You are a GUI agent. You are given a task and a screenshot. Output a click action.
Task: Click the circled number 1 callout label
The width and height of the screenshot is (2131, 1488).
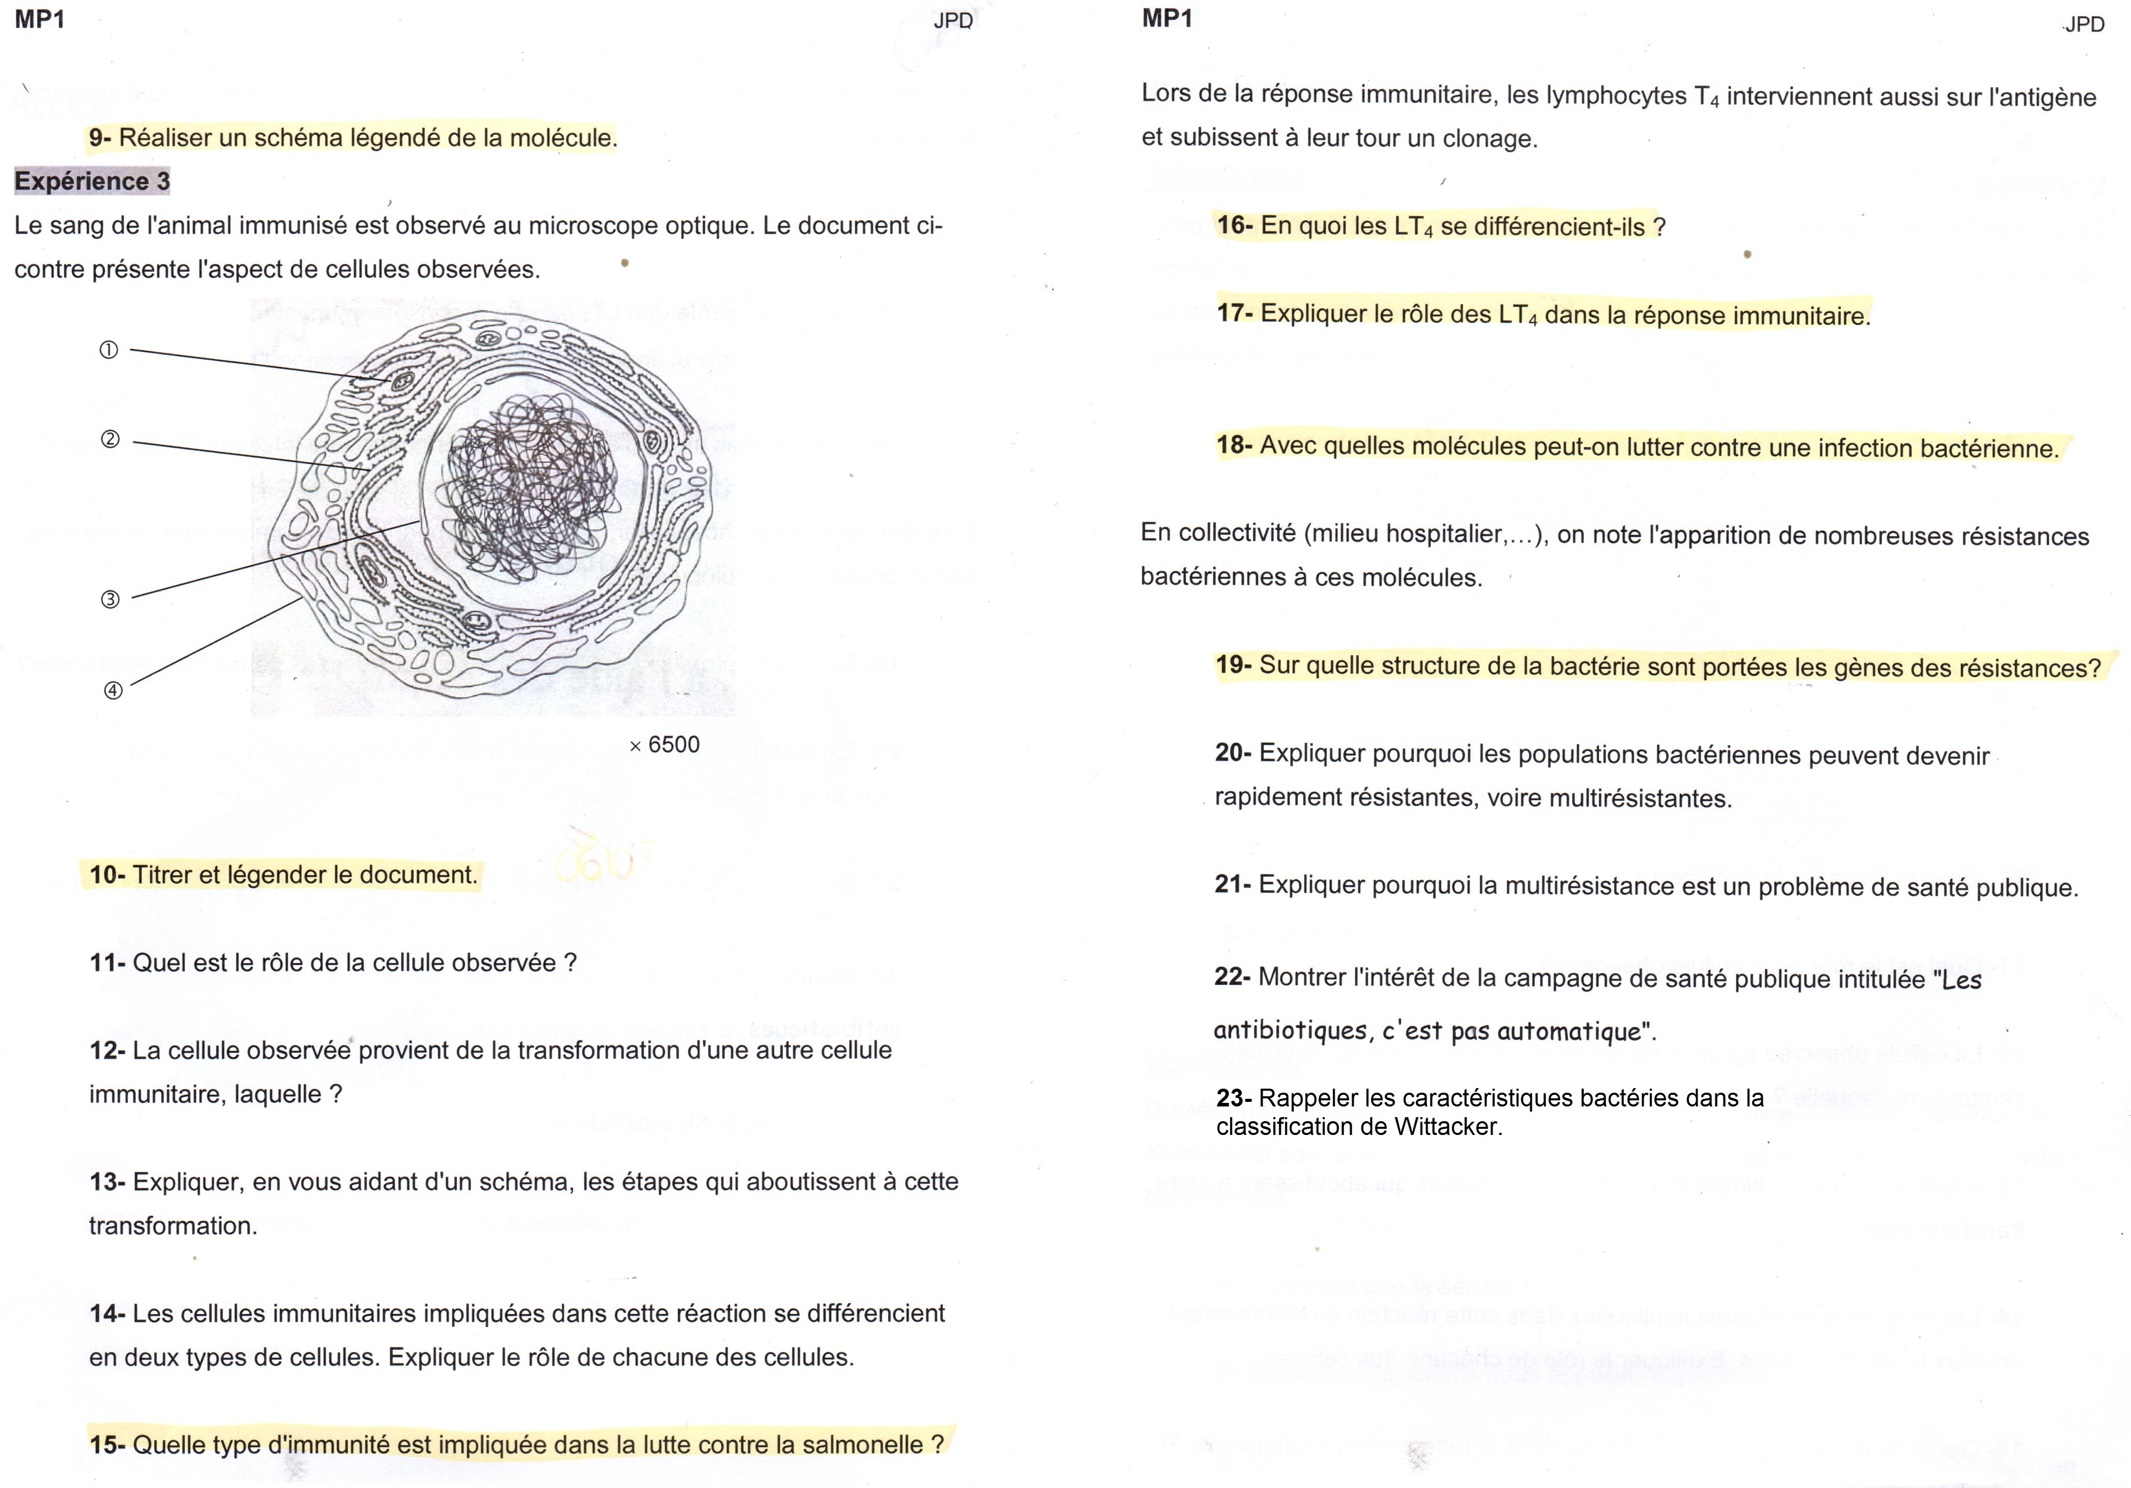click(108, 350)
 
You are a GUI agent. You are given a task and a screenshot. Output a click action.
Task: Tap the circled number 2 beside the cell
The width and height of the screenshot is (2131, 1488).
click(110, 439)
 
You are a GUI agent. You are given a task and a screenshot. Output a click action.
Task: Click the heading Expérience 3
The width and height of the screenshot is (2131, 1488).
click(92, 181)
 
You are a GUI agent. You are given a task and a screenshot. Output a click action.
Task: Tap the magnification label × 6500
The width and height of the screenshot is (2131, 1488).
click(664, 744)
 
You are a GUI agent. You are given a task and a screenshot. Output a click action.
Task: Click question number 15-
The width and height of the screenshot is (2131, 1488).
click(107, 1444)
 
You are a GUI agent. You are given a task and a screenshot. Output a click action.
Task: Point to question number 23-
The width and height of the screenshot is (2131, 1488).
click(1234, 1098)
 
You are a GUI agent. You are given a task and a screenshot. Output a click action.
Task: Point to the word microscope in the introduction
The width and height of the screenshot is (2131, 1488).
click(600, 225)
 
